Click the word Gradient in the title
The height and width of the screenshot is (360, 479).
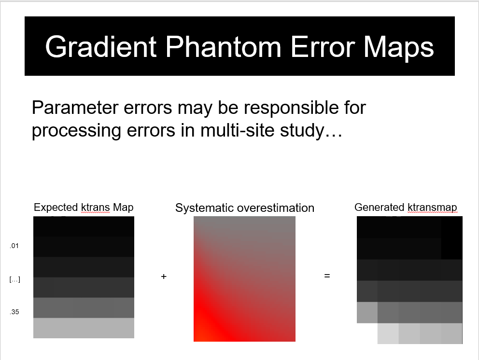101,47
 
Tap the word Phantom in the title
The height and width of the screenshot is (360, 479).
223,47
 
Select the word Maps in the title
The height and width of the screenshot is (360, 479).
398,47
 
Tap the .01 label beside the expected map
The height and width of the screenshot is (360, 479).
14,246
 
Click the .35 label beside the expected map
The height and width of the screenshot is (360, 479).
14,312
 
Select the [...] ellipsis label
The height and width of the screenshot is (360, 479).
14,279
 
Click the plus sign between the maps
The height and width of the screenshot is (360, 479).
164,277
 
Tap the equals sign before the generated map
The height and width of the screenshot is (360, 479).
327,276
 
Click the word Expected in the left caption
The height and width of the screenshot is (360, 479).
56,208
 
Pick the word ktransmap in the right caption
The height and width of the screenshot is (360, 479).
432,208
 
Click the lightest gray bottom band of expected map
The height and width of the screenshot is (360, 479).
84,328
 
